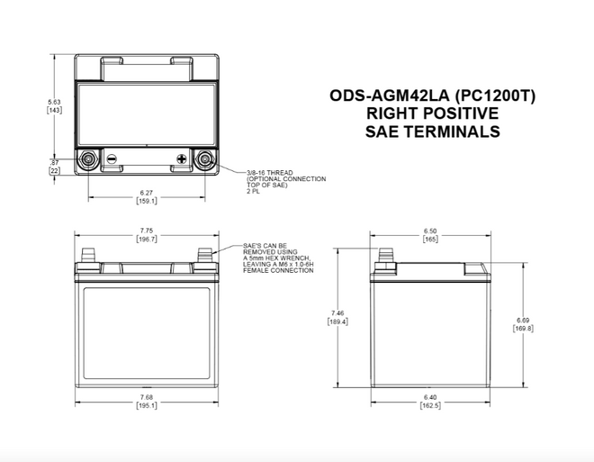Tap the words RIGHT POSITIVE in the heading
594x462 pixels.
(432, 113)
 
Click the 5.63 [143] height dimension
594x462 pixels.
(54, 106)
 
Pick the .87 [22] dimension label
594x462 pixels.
(54, 166)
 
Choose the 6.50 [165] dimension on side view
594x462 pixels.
(429, 235)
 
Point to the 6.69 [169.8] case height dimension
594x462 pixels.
(524, 323)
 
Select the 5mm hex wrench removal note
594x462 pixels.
(277, 258)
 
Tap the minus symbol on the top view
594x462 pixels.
(112, 159)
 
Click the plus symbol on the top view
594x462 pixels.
(182, 159)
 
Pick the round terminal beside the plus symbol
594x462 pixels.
(205, 160)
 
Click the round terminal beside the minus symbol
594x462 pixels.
(88, 160)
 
